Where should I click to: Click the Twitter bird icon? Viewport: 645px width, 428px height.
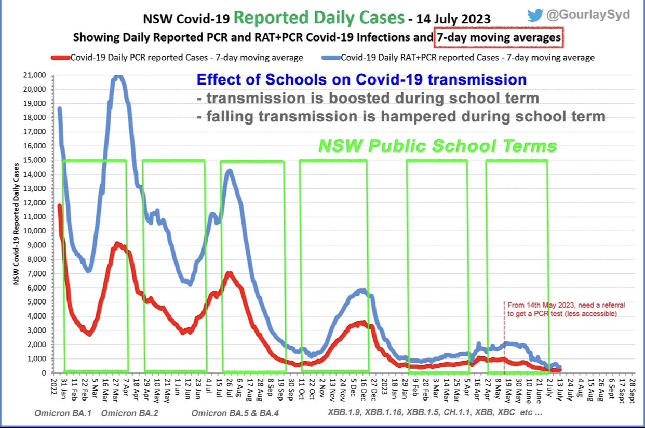tap(535, 15)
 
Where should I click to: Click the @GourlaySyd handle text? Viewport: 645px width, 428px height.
tap(587, 15)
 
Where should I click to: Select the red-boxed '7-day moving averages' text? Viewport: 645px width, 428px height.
tap(498, 37)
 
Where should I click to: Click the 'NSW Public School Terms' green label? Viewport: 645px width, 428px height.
tap(437, 146)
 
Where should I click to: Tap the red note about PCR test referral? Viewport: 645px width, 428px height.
tap(562, 310)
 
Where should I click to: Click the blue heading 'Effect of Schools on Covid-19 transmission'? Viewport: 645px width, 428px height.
tap(361, 80)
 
